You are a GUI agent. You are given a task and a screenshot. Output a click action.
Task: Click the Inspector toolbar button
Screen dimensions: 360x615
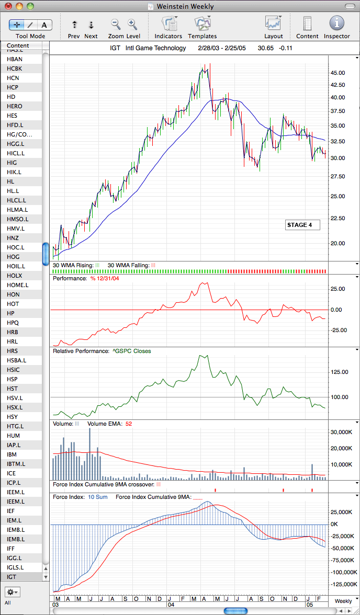[336, 24]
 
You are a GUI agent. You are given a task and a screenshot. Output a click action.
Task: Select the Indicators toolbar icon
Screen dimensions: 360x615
[168, 24]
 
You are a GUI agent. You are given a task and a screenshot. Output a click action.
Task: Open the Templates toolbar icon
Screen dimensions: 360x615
[202, 24]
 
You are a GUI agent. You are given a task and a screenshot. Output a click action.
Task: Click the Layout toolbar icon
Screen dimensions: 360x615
[273, 24]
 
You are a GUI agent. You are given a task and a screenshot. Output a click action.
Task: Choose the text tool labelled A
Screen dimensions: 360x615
[44, 25]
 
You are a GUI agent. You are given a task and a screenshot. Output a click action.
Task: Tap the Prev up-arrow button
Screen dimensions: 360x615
[74, 25]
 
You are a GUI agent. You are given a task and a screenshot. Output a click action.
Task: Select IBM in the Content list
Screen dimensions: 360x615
[12, 454]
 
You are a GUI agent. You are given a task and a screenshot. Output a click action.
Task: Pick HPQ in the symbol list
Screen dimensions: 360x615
[13, 322]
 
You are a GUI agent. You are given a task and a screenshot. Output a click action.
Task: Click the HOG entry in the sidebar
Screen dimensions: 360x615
[13, 256]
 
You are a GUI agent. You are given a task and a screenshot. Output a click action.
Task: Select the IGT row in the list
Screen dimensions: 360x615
[12, 576]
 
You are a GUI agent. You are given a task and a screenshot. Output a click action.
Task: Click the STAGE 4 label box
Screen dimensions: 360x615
[302, 225]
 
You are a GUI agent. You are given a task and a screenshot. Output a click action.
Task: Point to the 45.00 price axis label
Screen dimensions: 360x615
[337, 73]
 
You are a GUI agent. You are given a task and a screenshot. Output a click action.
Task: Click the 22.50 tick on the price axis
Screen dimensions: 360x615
[337, 218]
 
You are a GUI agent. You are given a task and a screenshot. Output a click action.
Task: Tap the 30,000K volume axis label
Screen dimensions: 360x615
[340, 432]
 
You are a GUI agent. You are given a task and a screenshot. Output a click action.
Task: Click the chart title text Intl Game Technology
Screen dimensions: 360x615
[156, 48]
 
